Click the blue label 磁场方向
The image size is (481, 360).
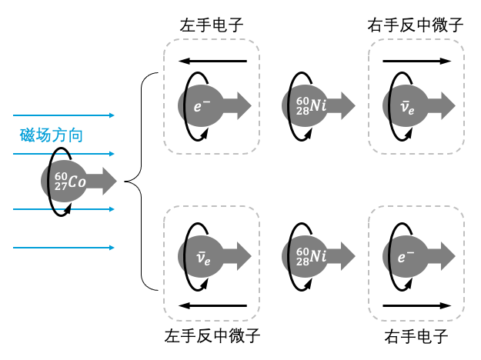point(52,135)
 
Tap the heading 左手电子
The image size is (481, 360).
point(212,25)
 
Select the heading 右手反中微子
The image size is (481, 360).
point(416,25)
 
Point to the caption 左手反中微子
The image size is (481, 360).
point(212,336)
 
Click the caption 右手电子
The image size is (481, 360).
point(416,336)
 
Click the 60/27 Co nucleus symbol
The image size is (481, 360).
point(70,182)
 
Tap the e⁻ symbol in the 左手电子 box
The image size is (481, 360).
point(202,106)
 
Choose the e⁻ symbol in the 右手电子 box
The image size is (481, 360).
point(406,257)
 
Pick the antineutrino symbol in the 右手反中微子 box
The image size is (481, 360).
point(407,108)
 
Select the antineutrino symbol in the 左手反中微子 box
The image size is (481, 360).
point(203,258)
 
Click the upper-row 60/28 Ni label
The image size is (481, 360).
point(311,106)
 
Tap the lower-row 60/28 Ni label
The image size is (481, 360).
point(311,256)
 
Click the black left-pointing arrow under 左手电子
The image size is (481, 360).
point(213,61)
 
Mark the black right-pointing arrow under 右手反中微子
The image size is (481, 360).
point(417,61)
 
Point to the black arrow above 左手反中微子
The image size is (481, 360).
point(213,305)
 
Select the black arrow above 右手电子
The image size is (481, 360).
point(417,305)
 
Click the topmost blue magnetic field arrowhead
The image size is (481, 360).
point(112,115)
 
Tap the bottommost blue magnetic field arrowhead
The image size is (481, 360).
point(112,248)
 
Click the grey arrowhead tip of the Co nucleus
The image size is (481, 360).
point(116,182)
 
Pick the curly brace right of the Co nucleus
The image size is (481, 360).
point(142,182)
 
